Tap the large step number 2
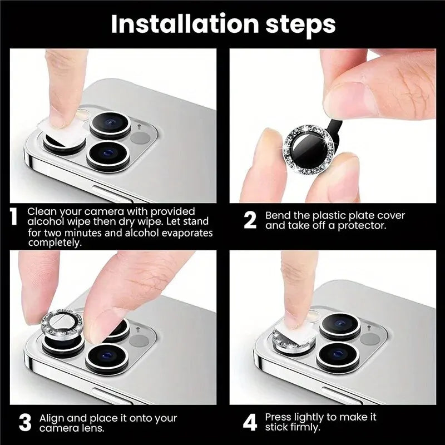pos(250,220)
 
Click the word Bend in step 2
pos(276,215)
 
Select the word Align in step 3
pos(51,417)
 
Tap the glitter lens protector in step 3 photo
pos(60,325)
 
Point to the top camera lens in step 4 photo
pos(339,327)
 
